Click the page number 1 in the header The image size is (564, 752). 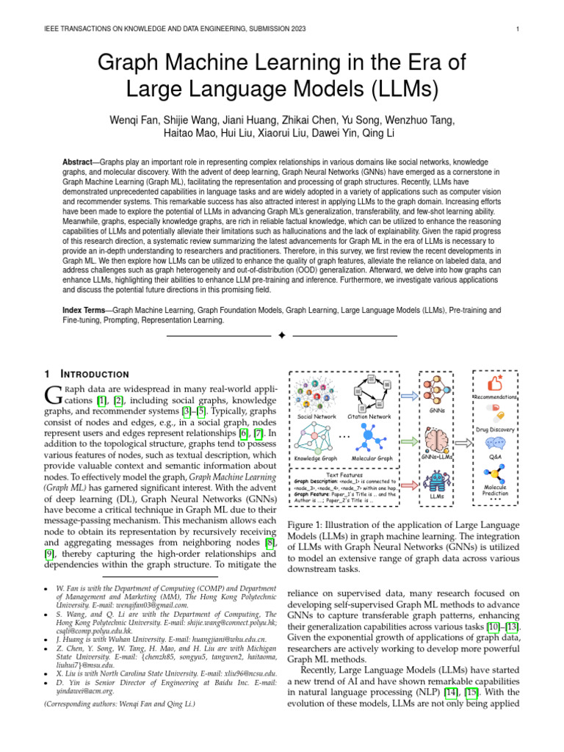(518, 29)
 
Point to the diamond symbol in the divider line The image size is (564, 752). (281, 336)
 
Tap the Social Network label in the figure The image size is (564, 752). (317, 416)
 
